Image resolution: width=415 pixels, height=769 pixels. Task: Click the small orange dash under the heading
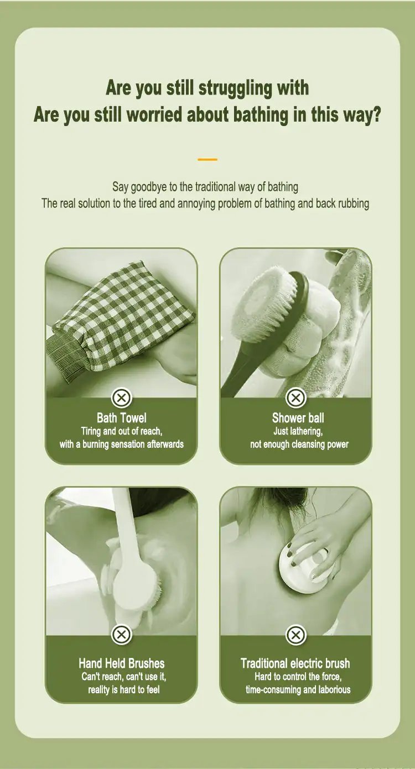click(x=207, y=160)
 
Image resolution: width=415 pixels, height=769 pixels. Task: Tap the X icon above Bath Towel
click(x=121, y=398)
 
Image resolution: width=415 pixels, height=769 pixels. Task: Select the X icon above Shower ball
click(x=295, y=398)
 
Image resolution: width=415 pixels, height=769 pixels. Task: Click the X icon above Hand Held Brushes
click(x=121, y=635)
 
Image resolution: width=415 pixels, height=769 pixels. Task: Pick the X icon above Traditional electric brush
click(x=295, y=635)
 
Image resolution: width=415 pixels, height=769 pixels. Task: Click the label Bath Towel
click(x=122, y=418)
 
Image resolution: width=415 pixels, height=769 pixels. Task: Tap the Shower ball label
click(x=298, y=418)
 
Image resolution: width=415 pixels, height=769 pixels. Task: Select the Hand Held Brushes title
click(x=122, y=663)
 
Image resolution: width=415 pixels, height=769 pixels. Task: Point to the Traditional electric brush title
click(x=295, y=663)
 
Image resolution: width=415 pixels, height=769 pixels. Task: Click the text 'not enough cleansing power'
click(x=299, y=444)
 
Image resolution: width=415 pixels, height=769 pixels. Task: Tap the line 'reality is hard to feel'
click(x=124, y=690)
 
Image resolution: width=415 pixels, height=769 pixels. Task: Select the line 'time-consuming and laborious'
click(x=298, y=690)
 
